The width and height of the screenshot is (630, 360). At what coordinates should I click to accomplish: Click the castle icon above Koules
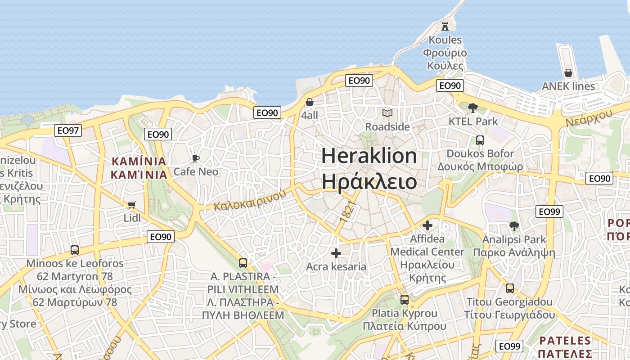pos(445,26)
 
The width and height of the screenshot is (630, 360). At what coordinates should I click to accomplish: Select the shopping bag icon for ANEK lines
pos(568,72)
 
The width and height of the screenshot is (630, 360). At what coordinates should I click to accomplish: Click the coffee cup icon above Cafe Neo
pos(195,158)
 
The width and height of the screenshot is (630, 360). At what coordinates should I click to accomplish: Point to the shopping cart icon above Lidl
pos(131,205)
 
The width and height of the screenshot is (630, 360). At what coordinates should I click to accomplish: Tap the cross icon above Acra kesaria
pos(336,253)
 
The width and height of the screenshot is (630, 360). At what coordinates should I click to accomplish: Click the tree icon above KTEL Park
pos(472,108)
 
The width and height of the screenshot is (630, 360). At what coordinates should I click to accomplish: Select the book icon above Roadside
pos(387,113)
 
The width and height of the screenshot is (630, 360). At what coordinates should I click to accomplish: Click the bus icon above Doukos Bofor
pos(480,140)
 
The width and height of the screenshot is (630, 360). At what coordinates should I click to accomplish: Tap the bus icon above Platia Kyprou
pos(405,299)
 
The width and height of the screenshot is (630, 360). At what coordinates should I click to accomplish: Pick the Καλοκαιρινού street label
pos(250,201)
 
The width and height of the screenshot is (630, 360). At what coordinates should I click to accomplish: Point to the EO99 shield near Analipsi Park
pos(549,211)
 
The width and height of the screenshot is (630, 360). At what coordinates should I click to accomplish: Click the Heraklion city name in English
pos(369,156)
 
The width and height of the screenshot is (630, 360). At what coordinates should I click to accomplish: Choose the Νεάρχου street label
pos(589,118)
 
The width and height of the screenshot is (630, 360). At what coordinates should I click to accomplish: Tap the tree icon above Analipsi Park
pos(514,226)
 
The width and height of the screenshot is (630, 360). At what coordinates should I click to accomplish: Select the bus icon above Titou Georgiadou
pos(510,288)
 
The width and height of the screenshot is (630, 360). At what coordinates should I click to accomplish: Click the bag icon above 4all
pos(310,102)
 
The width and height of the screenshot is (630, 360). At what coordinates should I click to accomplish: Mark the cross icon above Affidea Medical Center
pos(427,225)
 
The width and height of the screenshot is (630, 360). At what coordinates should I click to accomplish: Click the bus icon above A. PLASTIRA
pos(243,263)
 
